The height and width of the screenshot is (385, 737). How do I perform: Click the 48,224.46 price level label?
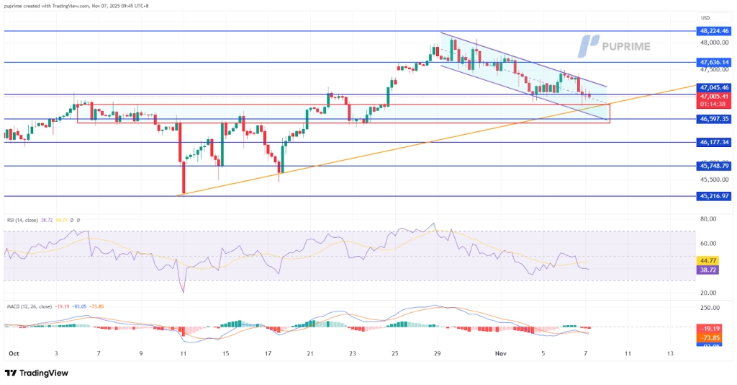pyautogui.click(x=714, y=31)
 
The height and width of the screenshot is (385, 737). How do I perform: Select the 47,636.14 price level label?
pyautogui.click(x=714, y=63)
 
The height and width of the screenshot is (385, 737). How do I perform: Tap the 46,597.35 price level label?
pyautogui.click(x=714, y=119)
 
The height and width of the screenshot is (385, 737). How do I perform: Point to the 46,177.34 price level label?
pyautogui.click(x=714, y=143)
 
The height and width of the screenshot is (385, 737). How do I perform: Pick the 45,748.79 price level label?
pyautogui.click(x=714, y=166)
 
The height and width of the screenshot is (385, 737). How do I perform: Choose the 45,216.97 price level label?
pyautogui.click(x=714, y=196)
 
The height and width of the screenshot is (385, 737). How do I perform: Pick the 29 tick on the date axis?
pyautogui.click(x=437, y=354)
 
